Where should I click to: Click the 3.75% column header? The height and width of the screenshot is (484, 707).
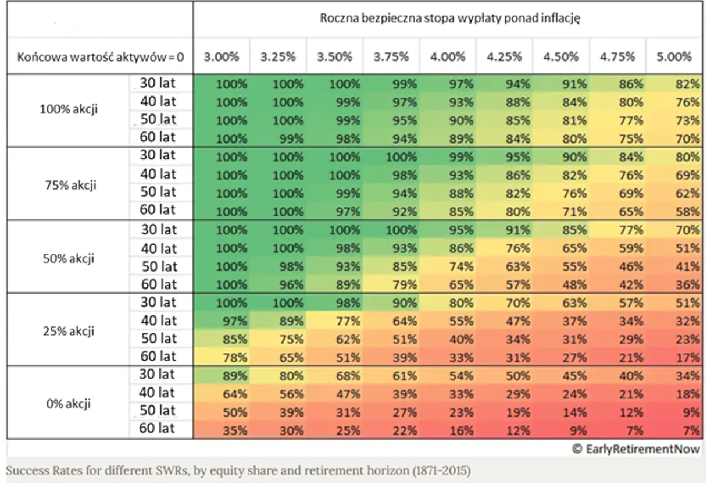(x=391, y=57)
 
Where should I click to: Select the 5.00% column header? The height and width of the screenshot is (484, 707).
(x=674, y=57)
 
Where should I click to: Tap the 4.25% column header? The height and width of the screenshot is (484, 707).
(x=504, y=57)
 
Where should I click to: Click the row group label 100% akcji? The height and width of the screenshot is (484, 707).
(x=69, y=109)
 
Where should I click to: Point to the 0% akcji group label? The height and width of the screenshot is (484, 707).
(x=69, y=404)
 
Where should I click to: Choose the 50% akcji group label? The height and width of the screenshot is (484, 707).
(x=69, y=258)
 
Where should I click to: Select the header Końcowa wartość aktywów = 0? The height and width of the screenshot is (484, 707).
(x=101, y=57)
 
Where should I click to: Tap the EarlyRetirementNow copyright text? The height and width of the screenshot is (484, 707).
(x=636, y=449)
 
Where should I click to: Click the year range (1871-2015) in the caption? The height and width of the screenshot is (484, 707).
(x=441, y=471)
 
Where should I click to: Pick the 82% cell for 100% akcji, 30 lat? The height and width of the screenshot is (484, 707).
(x=688, y=84)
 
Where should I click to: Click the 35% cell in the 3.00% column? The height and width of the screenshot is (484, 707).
(x=235, y=430)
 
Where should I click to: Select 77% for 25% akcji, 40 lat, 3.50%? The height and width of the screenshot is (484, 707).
(x=348, y=321)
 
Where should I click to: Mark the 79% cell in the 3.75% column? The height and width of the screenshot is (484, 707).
(x=405, y=285)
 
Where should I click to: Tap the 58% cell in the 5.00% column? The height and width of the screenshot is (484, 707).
(x=688, y=212)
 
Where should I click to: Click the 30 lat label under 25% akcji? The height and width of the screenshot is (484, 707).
(x=158, y=302)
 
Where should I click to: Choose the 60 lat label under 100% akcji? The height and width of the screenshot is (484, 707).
(x=158, y=137)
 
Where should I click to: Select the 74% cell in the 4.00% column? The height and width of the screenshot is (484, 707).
(x=462, y=266)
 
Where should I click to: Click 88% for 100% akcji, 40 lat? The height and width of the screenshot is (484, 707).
(x=518, y=102)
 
